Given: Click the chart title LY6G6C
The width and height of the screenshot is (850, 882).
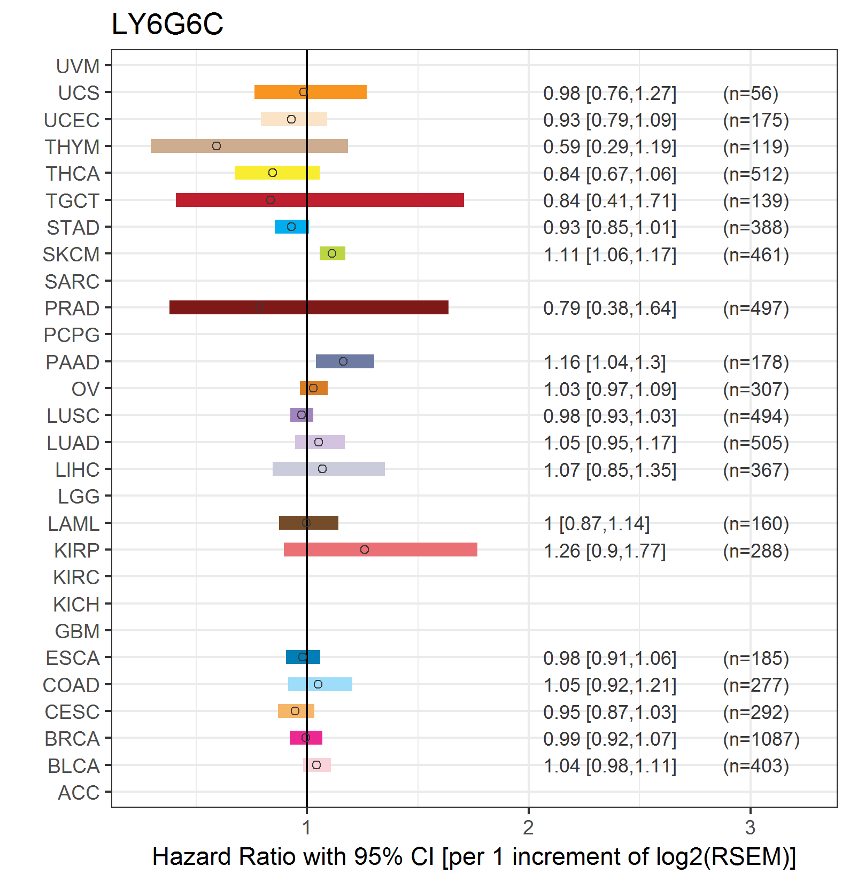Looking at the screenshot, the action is (167, 24).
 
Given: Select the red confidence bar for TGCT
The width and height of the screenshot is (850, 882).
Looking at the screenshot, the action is (320, 200).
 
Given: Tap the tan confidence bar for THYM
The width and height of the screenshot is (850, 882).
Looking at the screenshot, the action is (249, 146).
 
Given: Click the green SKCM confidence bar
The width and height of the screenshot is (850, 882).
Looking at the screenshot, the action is (332, 253).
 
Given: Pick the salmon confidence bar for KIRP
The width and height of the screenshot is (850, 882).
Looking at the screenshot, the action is (380, 550).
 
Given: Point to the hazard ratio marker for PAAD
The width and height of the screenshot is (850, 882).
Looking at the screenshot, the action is (343, 361).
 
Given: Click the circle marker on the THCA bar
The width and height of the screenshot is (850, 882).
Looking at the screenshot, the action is (273, 173).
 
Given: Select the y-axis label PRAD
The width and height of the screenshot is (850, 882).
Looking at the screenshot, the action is (72, 308).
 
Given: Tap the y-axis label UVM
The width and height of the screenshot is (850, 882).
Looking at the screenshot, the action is (78, 66).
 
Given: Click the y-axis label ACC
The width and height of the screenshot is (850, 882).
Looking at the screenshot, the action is (79, 793).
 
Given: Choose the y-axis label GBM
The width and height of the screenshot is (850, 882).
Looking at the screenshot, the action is (78, 631).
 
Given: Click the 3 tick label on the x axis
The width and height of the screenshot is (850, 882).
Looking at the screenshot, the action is (750, 827).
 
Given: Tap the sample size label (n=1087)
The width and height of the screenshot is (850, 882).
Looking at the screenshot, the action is (761, 739).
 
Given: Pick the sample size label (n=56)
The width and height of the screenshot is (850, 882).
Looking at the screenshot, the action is (751, 94).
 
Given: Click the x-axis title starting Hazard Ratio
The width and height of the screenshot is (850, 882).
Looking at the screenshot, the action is (474, 857).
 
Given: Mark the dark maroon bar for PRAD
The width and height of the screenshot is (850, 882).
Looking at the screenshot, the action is (309, 307).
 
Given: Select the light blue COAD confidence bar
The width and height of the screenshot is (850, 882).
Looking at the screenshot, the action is (320, 684).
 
